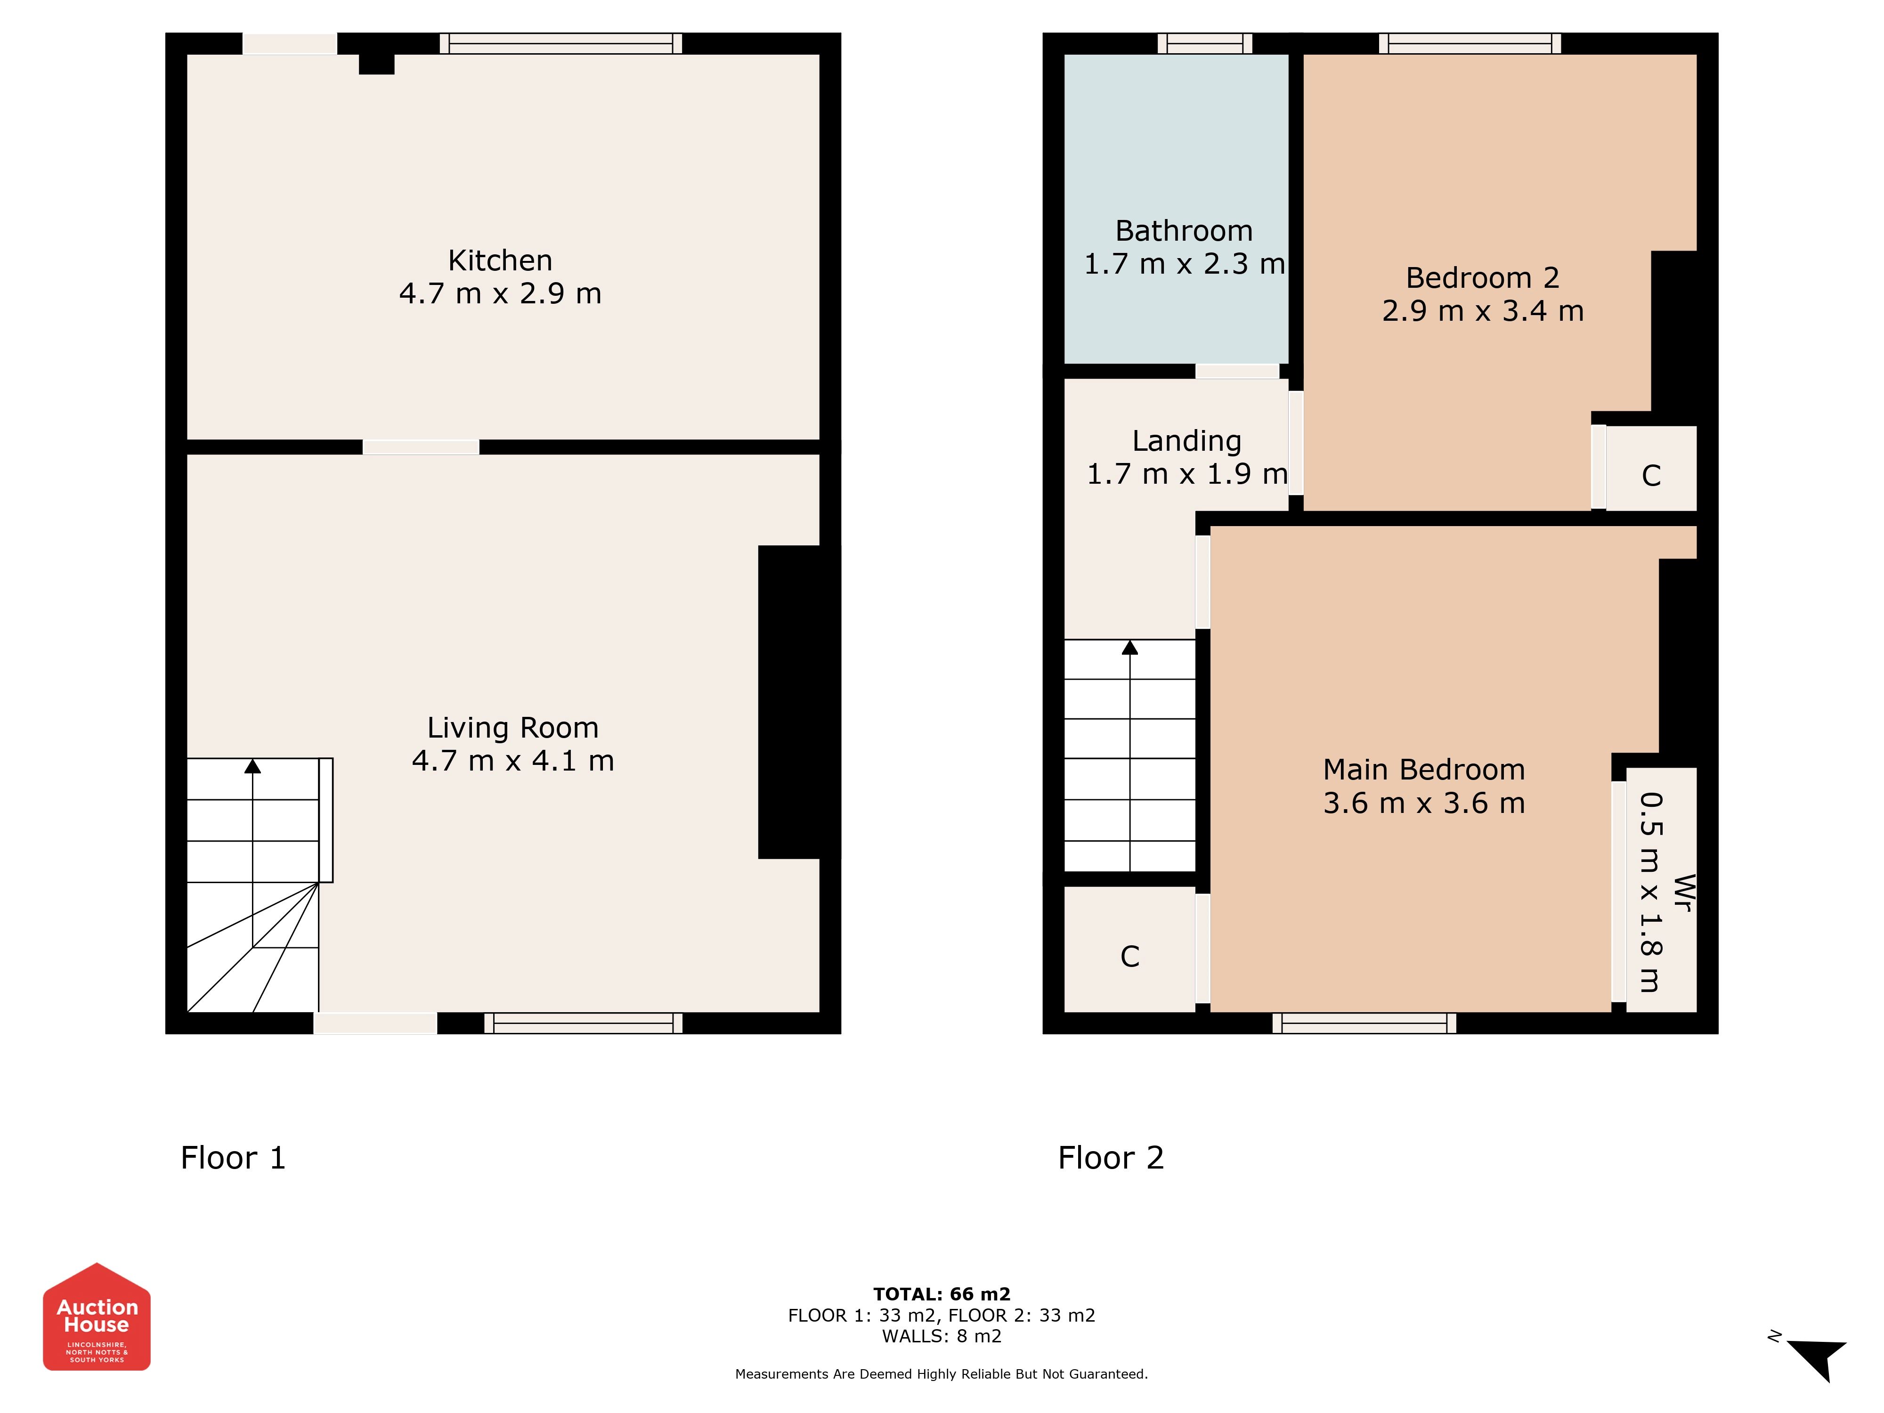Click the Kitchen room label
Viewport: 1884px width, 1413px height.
click(x=500, y=260)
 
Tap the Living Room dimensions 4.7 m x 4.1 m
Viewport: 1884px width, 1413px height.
click(x=513, y=761)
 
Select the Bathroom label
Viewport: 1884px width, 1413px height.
click(x=1184, y=231)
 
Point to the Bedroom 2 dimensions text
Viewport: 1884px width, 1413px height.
click(x=1483, y=311)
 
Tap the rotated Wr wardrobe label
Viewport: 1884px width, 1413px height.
click(x=1682, y=893)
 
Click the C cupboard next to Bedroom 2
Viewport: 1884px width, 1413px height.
click(x=1651, y=475)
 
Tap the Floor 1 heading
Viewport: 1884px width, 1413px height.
click(x=233, y=1158)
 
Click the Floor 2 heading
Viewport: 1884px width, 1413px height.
click(x=1111, y=1158)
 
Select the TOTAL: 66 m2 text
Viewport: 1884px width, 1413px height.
click(x=942, y=1295)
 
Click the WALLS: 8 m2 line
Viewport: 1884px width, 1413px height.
click(x=942, y=1336)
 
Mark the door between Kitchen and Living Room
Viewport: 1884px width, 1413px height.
click(x=421, y=447)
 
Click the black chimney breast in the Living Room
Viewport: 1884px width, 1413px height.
click(x=799, y=702)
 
